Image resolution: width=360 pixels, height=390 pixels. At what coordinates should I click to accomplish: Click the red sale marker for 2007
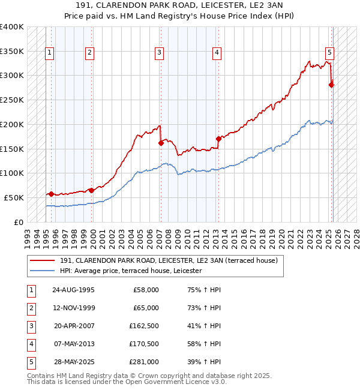click(161, 143)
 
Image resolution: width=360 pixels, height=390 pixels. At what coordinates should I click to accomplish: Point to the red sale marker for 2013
click(218, 139)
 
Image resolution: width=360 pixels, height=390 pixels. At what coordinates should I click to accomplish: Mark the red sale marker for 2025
click(331, 85)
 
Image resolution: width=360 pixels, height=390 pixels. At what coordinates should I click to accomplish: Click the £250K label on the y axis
click(12, 100)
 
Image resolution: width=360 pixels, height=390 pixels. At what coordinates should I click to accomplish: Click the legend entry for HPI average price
click(131, 271)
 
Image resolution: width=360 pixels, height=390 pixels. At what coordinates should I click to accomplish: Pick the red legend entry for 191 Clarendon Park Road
click(169, 261)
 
